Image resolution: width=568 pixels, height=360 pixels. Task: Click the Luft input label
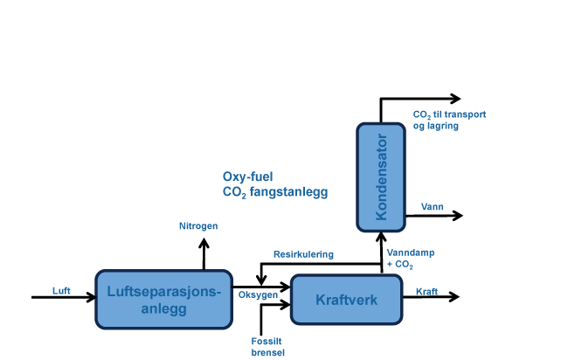pyautogui.click(x=61, y=290)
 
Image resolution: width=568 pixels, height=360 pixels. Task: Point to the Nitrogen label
pyautogui.click(x=198, y=225)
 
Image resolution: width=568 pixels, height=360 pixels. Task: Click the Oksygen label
pyautogui.click(x=258, y=294)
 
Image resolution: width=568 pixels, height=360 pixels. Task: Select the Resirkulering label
pyautogui.click(x=303, y=254)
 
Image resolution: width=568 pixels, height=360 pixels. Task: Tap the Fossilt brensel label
pyautogui.click(x=267, y=346)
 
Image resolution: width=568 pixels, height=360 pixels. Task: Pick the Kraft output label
pyautogui.click(x=426, y=291)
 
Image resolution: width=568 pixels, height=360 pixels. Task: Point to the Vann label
pyautogui.click(x=433, y=207)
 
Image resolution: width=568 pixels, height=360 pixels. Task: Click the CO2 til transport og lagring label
pyautogui.click(x=448, y=120)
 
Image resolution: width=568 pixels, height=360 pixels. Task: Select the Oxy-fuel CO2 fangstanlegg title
pyautogui.click(x=274, y=183)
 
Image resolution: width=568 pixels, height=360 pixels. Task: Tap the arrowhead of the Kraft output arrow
pyautogui.click(x=454, y=297)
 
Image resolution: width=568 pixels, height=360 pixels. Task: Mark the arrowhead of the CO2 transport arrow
pyautogui.click(x=455, y=98)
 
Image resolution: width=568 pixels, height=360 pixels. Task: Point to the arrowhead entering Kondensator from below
pyautogui.click(x=380, y=235)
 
